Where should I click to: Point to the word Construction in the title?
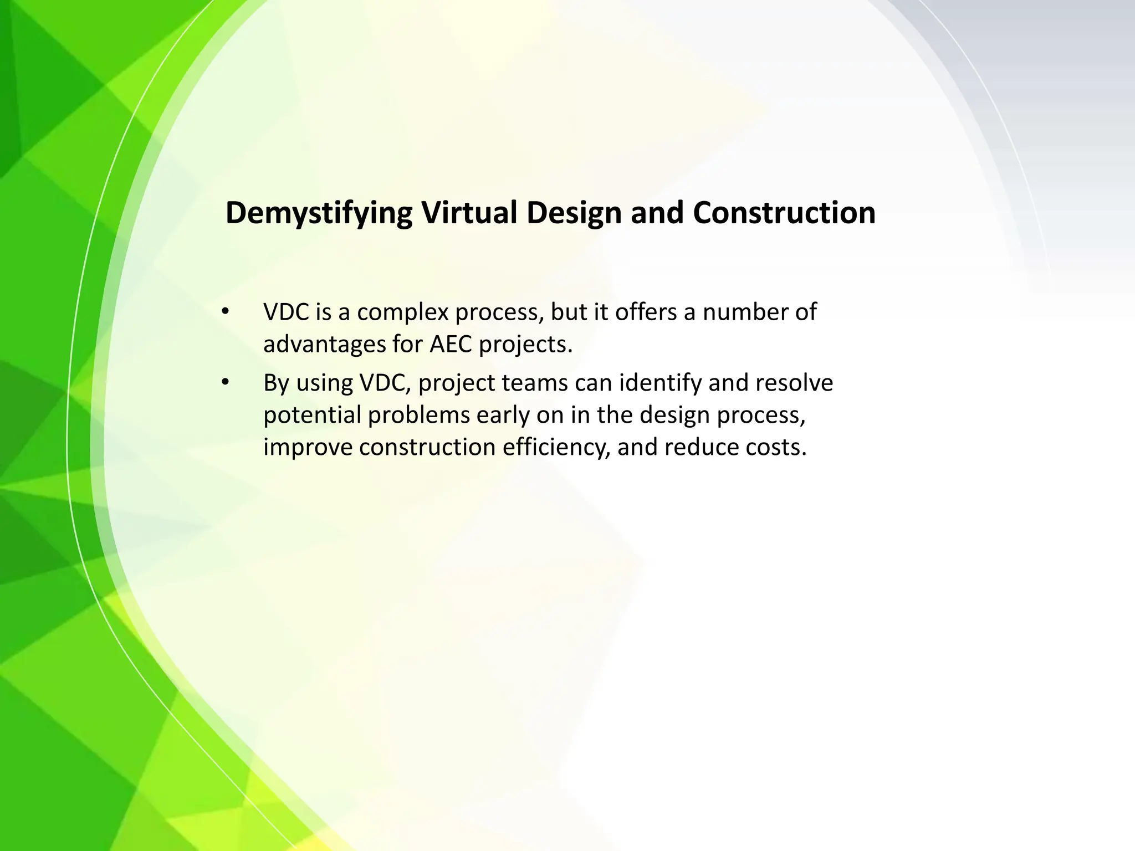[x=784, y=212]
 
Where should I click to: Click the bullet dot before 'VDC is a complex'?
[x=224, y=312]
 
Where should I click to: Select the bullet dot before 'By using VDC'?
[x=224, y=382]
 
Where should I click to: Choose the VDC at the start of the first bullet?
[x=286, y=312]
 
